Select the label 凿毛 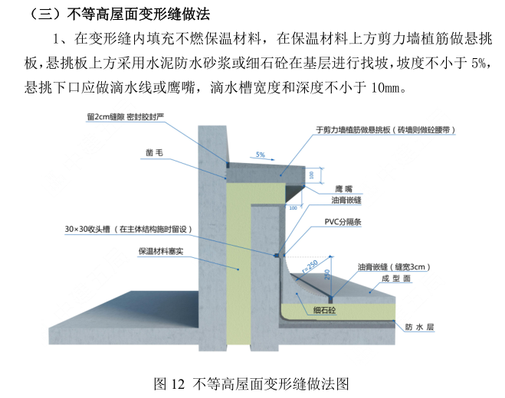[155, 152]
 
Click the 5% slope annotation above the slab [261, 155]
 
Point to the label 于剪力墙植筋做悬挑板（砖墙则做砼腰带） [386, 130]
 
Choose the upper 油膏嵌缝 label [346, 201]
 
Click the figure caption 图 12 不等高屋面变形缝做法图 [251, 381]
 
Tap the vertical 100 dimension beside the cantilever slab [311, 175]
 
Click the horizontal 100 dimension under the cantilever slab [292, 207]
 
